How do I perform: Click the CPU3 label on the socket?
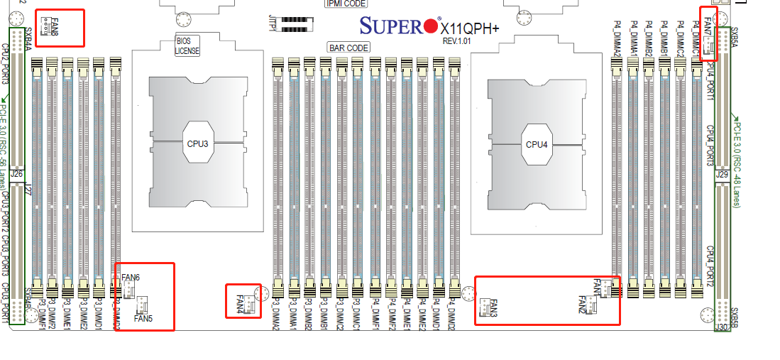coord(198,143)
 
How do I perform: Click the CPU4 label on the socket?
coord(537,145)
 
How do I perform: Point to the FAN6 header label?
coord(131,277)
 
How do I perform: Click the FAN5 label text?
coord(143,319)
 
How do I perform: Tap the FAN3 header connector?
coord(483,307)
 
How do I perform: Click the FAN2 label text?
coord(581,305)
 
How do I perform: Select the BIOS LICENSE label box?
coord(187,46)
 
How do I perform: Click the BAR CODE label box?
coord(348,48)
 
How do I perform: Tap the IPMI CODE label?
coord(346,4)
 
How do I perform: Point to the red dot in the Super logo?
coord(430,27)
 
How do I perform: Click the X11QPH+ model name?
coord(470,28)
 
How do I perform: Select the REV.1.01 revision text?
coord(458,41)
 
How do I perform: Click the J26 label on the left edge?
coord(18,173)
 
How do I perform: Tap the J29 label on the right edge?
coord(723,174)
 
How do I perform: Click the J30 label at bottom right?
coord(722,328)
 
